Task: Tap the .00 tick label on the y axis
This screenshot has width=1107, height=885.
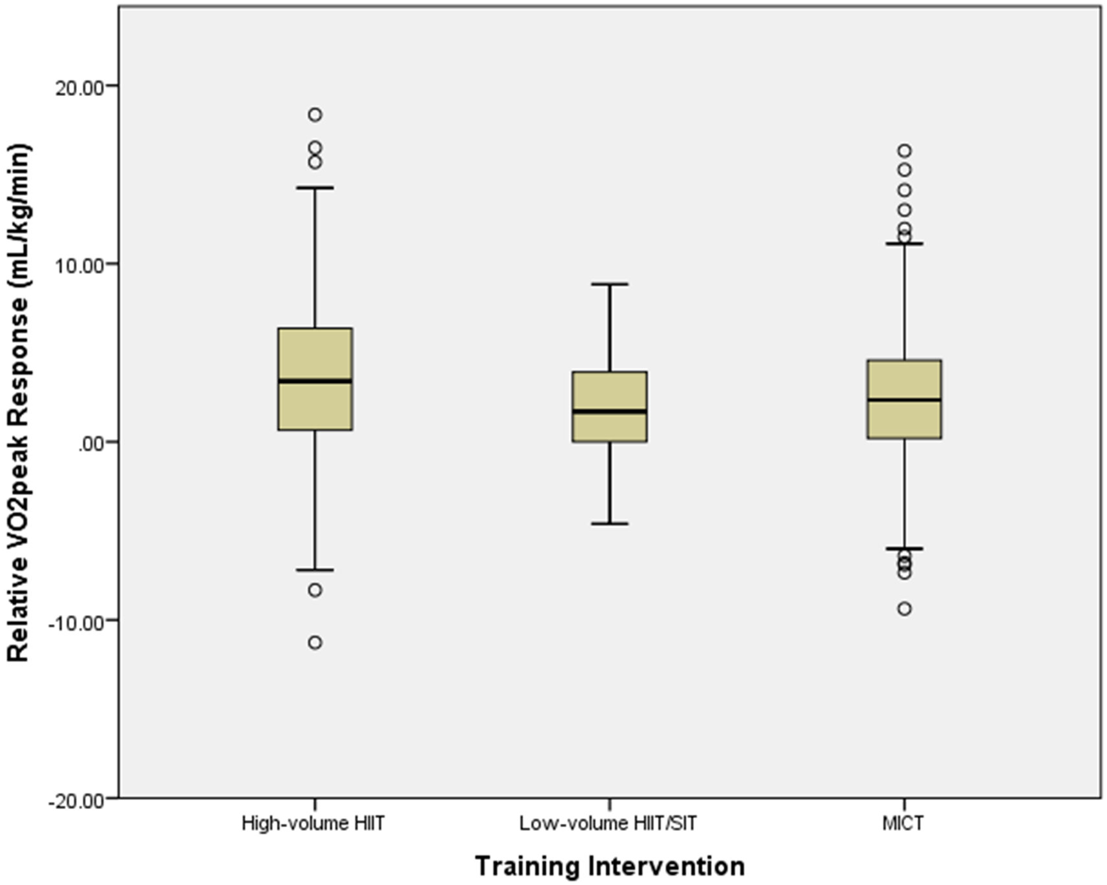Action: click(x=90, y=443)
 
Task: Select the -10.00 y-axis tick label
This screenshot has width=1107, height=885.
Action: click(x=76, y=622)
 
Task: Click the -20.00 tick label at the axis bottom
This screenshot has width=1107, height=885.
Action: click(x=76, y=800)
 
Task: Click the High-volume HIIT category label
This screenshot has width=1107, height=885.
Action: click(x=313, y=823)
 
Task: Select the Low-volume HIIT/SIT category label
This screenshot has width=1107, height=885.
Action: click(x=608, y=823)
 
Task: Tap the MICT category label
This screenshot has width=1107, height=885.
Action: click(x=903, y=823)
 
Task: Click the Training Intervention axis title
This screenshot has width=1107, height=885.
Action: click(x=609, y=866)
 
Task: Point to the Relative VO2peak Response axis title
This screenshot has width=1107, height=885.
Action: click(x=19, y=403)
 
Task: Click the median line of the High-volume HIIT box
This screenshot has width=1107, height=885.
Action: click(x=315, y=381)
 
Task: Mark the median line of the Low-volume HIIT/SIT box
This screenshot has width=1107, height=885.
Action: click(x=609, y=411)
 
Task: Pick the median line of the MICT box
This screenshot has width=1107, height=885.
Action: click(x=904, y=400)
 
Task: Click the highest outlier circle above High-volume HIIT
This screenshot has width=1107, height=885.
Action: click(x=315, y=115)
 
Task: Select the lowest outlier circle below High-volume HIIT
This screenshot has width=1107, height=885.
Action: click(x=315, y=643)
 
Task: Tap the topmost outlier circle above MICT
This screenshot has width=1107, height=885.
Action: click(x=904, y=151)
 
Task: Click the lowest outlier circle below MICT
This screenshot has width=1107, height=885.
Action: click(x=904, y=608)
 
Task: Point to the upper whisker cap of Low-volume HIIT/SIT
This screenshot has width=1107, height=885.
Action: click(x=609, y=284)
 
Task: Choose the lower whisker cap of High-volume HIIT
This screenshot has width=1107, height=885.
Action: click(x=315, y=570)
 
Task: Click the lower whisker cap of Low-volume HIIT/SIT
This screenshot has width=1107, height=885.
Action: click(x=609, y=523)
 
